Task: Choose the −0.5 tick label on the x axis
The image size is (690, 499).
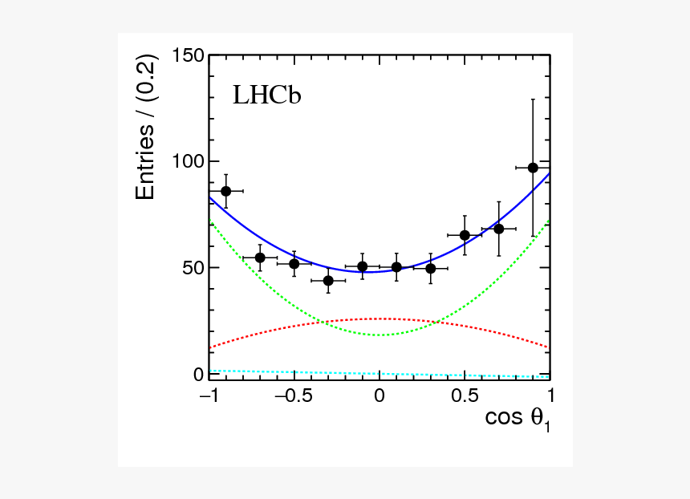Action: click(x=290, y=396)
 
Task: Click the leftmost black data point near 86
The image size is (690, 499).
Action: click(x=226, y=191)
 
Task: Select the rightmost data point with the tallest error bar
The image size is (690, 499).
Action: click(x=533, y=168)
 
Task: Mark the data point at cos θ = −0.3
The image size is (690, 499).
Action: click(x=328, y=281)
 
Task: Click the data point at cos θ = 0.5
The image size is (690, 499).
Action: click(x=465, y=235)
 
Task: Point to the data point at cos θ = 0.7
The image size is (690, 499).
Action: click(x=499, y=229)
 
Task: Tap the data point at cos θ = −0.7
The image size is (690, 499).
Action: click(x=260, y=258)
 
